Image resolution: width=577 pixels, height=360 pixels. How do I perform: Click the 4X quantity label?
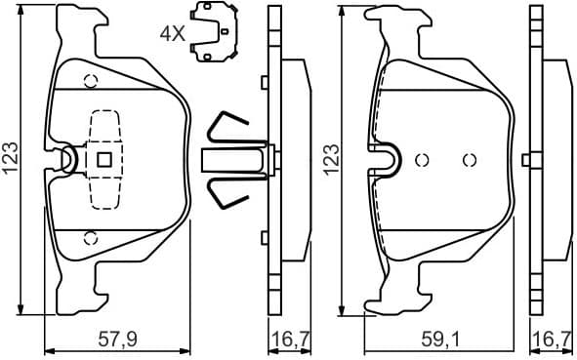pyautogui.click(x=172, y=32)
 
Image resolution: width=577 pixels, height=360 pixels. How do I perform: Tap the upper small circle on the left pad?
pyautogui.click(x=90, y=81)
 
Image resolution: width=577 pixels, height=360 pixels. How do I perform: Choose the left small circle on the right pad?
pyautogui.click(x=423, y=160)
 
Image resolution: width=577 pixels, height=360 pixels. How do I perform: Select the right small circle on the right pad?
pyautogui.click(x=467, y=160)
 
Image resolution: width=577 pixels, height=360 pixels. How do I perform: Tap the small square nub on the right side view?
pyautogui.click(x=526, y=159)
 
